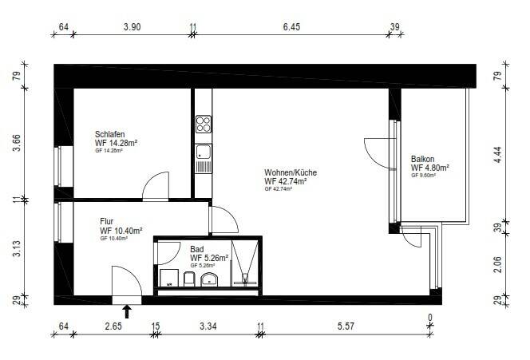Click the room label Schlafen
pos(110,134)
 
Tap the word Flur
pos(108,220)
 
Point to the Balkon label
pos(423,159)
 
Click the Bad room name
pos(196,249)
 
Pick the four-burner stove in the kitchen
pos(203,124)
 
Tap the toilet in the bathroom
pos(189,279)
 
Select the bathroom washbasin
pos(210,279)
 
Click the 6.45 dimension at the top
pos(291,26)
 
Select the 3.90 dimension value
pos(132,26)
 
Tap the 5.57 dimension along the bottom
pos(346,326)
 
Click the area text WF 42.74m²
pos(286,181)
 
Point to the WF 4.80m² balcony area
pos(429,168)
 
